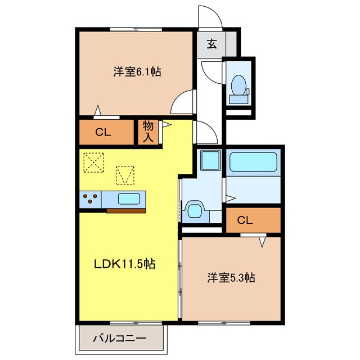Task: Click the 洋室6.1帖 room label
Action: tap(137, 71)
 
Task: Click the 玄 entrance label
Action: tap(211, 44)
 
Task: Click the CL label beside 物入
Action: tap(102, 133)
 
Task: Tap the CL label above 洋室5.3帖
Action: tap(245, 220)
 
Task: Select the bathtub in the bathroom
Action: tap(253, 163)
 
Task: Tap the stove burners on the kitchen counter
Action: tap(90, 199)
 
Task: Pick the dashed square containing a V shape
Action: tap(126, 175)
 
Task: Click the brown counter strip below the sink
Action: tap(126, 210)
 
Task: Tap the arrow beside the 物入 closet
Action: tap(166, 126)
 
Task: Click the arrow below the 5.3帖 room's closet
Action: tap(263, 242)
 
